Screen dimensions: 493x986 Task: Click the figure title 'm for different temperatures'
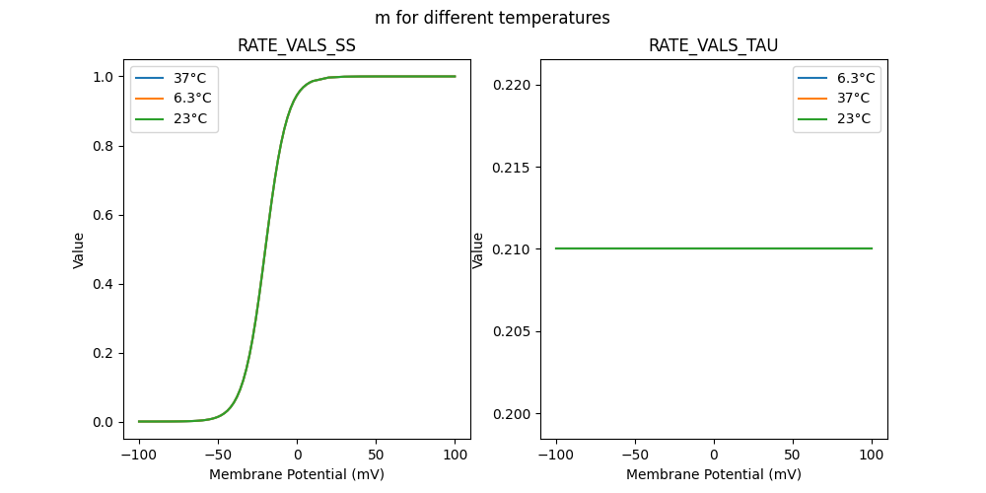pyautogui.click(x=492, y=18)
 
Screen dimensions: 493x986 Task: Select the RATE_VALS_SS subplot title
pyautogui.click(x=297, y=46)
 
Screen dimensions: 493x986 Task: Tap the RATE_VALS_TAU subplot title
pyautogui.click(x=713, y=46)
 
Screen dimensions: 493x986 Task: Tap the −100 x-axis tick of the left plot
pyautogui.click(x=139, y=456)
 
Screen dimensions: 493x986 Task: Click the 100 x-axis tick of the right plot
pyautogui.click(x=872, y=456)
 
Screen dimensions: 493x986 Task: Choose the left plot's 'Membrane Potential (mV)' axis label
pyautogui.click(x=297, y=474)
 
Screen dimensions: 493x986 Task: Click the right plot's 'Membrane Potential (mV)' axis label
pyautogui.click(x=713, y=474)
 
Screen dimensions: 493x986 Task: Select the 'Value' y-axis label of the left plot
pyautogui.click(x=79, y=250)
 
